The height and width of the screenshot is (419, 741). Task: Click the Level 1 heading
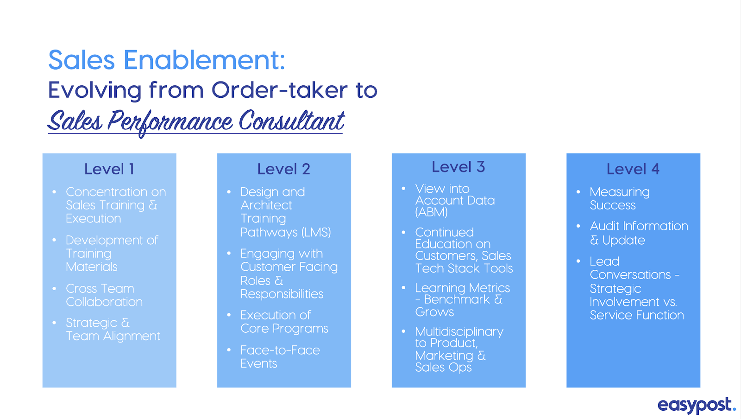tap(109, 169)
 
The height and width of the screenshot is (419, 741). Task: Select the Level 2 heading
tap(284, 169)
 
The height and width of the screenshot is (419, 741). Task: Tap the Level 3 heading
tap(458, 167)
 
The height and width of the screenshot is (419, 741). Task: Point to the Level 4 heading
tap(633, 169)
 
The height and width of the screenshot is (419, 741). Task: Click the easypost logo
tap(697, 405)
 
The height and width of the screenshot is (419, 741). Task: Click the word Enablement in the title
tap(204, 60)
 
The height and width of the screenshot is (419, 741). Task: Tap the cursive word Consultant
tap(291, 121)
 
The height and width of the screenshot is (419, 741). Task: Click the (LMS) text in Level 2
tap(316, 232)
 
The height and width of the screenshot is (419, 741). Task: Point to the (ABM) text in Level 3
tap(431, 212)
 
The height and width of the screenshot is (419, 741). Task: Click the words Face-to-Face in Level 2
tap(280, 350)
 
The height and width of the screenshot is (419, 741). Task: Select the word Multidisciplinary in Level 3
tap(459, 331)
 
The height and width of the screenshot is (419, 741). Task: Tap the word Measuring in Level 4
tap(620, 192)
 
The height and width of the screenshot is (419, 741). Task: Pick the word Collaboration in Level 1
tap(104, 302)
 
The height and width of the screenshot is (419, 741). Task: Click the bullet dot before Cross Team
tap(54, 289)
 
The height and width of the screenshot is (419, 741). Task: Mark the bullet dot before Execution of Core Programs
tap(229, 315)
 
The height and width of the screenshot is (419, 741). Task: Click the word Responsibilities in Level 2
tap(282, 294)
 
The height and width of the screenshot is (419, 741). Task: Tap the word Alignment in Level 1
tap(132, 336)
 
